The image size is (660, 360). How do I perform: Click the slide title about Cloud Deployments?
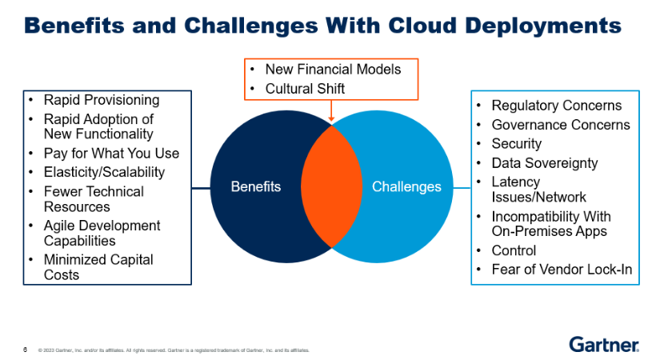click(322, 26)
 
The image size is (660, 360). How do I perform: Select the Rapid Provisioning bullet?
click(101, 101)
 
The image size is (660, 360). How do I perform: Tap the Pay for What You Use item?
click(111, 154)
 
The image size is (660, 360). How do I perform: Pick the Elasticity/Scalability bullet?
click(104, 172)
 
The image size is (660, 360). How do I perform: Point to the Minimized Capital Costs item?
click(98, 267)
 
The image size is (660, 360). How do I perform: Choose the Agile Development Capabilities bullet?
click(102, 234)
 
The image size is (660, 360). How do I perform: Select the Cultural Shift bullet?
click(305, 89)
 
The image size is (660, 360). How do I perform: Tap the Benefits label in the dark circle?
click(256, 186)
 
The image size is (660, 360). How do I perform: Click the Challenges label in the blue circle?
click(406, 186)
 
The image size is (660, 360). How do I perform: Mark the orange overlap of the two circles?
click(332, 186)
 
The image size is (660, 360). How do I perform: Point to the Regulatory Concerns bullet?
click(556, 106)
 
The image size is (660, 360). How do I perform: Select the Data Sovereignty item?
click(544, 163)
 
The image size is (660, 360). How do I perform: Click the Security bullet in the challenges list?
click(516, 144)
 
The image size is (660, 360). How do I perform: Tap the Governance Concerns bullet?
click(560, 125)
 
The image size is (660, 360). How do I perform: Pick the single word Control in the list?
click(514, 250)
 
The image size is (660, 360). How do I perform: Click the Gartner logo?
click(604, 344)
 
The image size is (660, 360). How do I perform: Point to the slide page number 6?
click(26, 349)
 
